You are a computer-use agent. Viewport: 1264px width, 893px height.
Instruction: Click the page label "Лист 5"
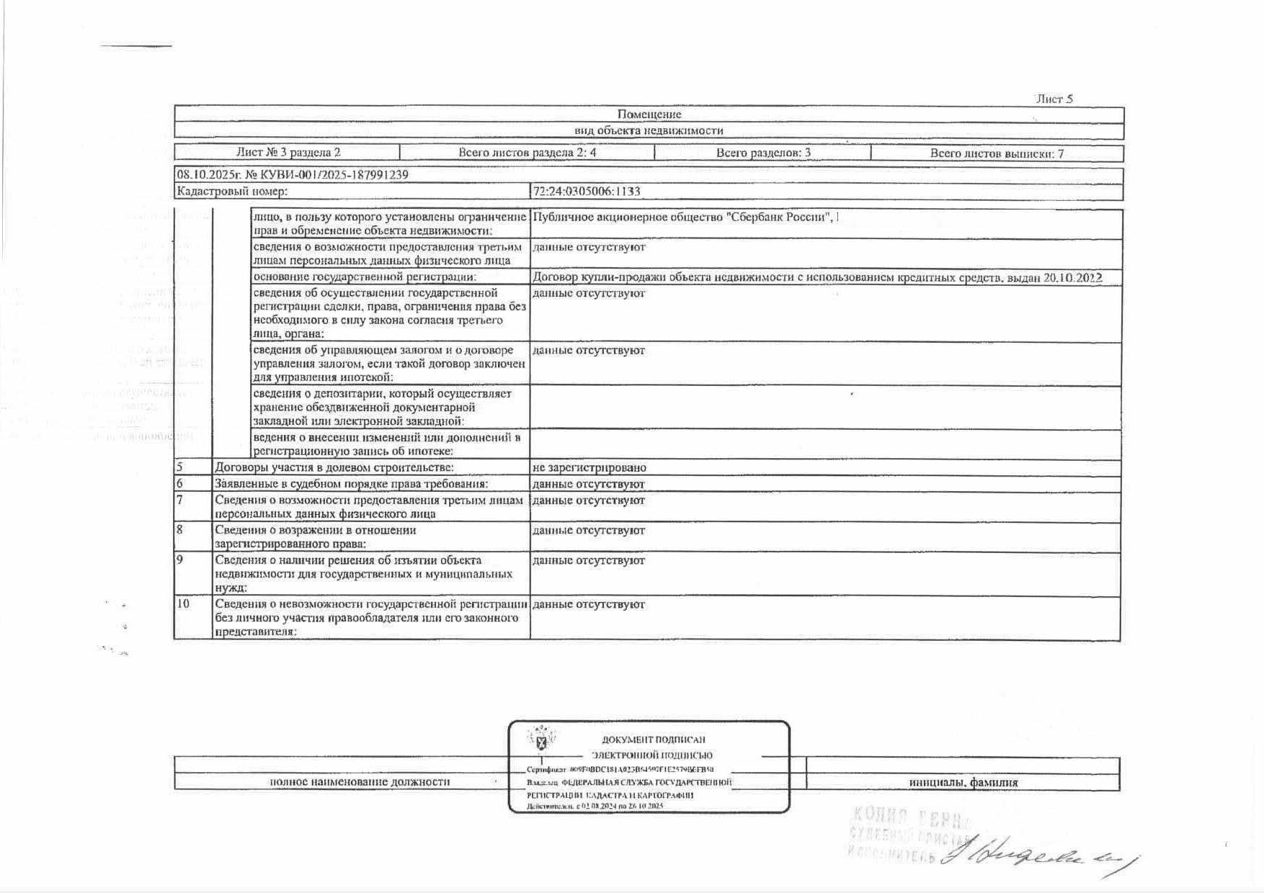point(1054,99)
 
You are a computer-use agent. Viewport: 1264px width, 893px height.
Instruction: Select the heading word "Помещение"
point(649,115)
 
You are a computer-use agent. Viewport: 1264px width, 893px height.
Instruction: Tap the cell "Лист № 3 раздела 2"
point(288,153)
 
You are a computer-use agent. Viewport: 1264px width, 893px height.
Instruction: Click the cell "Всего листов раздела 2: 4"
point(527,153)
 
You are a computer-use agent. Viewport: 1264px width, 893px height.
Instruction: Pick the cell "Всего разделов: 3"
point(763,153)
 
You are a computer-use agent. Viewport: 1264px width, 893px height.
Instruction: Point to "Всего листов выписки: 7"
point(997,153)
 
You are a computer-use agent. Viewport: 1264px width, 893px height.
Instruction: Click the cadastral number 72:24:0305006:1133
point(587,192)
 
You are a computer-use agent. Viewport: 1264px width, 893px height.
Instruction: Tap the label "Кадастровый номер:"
point(232,192)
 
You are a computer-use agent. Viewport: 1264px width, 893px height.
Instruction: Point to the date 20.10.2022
point(1073,278)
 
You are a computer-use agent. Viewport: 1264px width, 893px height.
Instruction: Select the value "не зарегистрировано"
point(589,468)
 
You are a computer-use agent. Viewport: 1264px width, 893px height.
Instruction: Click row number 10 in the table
point(183,604)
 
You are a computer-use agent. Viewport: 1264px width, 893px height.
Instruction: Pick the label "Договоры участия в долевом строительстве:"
point(334,468)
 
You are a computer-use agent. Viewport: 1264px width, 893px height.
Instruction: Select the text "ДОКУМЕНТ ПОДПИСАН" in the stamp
point(653,740)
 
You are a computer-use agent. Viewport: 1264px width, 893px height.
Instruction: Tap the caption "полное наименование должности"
point(360,782)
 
